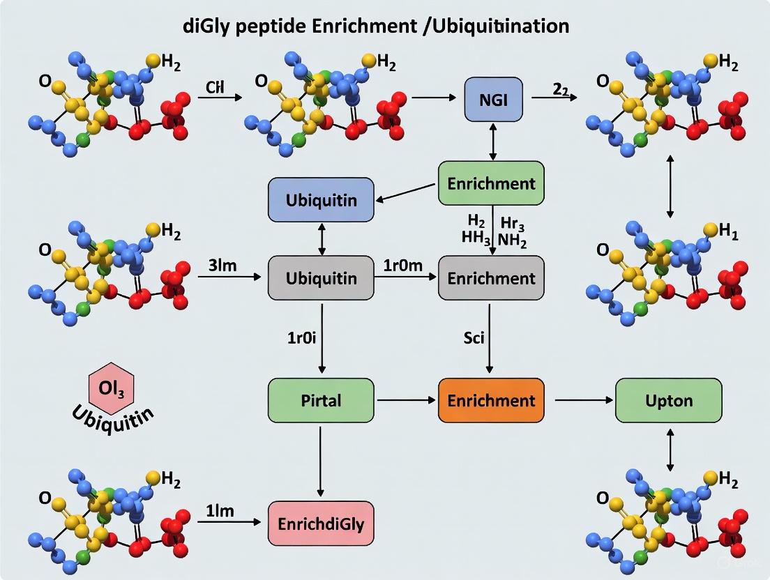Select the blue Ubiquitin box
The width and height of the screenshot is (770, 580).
click(321, 200)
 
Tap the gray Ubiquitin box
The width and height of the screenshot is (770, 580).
click(321, 278)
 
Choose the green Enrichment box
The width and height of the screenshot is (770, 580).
click(491, 183)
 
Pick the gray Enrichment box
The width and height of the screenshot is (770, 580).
click(491, 278)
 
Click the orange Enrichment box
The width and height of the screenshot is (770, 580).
click(491, 400)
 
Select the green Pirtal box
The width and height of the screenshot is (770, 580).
click(321, 400)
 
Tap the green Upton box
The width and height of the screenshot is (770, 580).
click(668, 400)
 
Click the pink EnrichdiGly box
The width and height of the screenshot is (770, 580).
click(321, 523)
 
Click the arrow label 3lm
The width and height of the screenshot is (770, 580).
click(224, 265)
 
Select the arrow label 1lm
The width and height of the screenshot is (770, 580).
click(220, 510)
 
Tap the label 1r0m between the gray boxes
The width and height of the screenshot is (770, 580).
click(403, 266)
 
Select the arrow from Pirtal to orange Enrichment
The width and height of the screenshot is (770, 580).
click(407, 401)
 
